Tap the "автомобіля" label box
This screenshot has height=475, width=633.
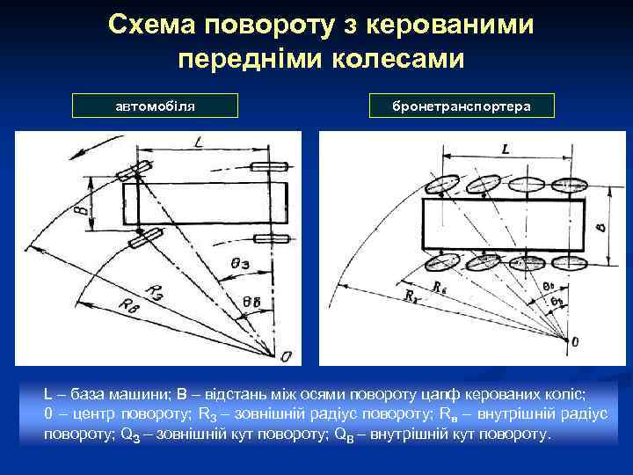click(156, 106)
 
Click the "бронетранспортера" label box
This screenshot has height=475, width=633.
click(462, 106)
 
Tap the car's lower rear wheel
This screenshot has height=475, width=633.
click(274, 239)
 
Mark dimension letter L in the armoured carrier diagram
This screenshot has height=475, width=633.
click(505, 150)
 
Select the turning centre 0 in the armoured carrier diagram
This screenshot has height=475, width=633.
click(576, 340)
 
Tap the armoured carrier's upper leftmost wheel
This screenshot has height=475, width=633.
click(443, 185)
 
